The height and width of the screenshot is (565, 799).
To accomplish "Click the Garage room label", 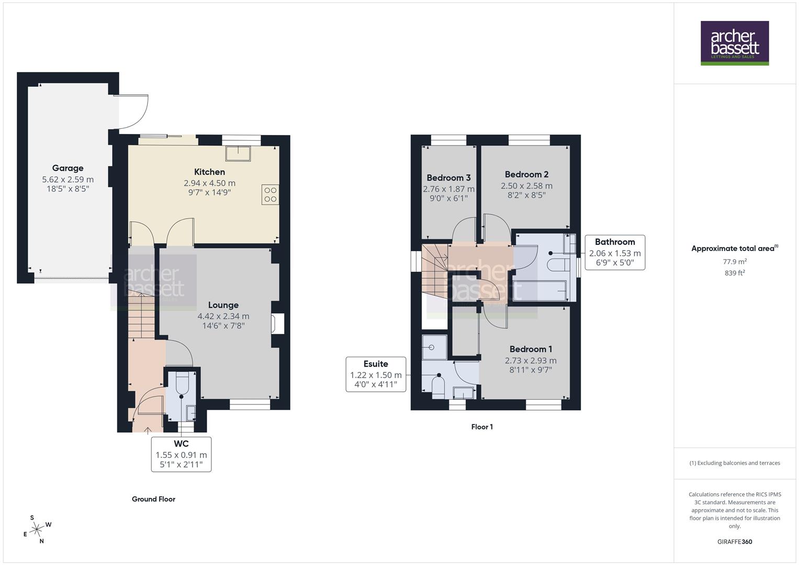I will (67, 168).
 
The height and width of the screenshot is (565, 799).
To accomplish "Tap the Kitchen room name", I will (209, 172).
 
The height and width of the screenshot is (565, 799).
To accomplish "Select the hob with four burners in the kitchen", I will (270, 195).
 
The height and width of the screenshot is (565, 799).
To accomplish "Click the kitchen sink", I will (238, 153).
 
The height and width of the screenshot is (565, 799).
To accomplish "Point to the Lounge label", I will (223, 305).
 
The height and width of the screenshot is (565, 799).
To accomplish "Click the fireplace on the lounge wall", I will (277, 323).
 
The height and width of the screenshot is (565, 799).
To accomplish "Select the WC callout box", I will (181, 454).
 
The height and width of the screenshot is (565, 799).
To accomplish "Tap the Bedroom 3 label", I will (448, 178).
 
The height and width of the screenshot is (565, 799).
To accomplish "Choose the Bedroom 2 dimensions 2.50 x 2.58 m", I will (526, 186).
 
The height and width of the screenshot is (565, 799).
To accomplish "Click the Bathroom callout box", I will (615, 252).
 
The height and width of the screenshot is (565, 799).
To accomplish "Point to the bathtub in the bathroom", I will (539, 290).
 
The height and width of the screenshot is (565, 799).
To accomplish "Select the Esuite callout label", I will (376, 374).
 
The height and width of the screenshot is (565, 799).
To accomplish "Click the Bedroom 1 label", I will (531, 349).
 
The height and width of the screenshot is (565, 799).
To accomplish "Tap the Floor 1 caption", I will (482, 427).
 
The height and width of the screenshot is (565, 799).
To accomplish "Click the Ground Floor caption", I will (153, 499).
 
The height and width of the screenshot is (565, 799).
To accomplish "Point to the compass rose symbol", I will (37, 530).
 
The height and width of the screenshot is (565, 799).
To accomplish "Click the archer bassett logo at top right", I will (735, 43).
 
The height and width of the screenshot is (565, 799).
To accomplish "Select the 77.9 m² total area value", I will (735, 262).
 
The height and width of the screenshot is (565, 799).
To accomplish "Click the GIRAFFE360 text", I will (735, 541).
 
